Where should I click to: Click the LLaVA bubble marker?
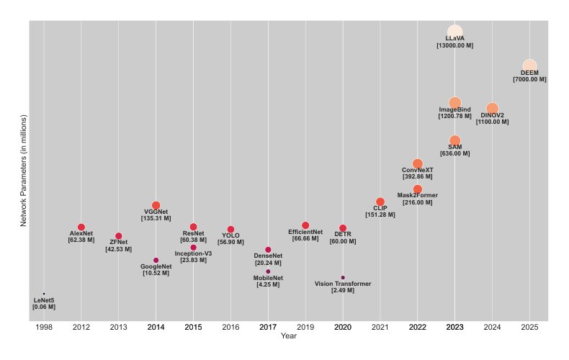454,32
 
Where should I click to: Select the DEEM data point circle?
529,66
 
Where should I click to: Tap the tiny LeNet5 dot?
44,294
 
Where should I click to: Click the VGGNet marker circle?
156,205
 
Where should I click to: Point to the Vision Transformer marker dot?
343,278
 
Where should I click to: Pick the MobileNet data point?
268,271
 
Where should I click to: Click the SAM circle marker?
455,140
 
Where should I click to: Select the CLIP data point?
380,202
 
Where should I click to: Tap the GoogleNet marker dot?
156,260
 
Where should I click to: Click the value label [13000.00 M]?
455,46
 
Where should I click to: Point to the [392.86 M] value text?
418,176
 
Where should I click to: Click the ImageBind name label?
455,109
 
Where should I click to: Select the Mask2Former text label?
418,195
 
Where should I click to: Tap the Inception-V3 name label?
194,253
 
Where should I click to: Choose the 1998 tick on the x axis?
44,328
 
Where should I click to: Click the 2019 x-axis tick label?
305,328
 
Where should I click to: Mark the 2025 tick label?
529,328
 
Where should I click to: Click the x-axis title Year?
289,336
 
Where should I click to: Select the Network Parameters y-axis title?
24,171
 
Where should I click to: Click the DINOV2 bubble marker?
492,109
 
